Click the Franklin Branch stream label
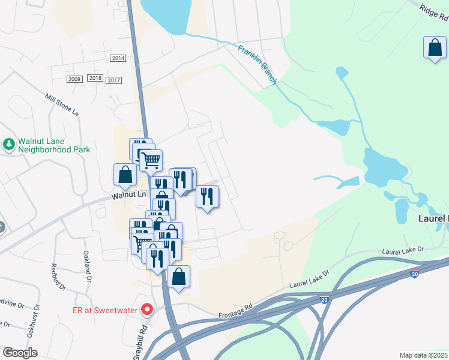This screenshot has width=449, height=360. point(257,64)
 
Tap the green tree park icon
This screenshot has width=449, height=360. point(9,144)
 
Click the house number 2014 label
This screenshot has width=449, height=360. point(118,58)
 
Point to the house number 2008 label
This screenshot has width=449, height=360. point(74,79)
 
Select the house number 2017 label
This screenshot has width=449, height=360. point(113,80)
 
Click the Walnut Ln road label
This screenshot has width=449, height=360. point(128,195)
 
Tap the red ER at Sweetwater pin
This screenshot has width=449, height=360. point(146,310)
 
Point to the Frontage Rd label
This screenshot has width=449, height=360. point(236,313)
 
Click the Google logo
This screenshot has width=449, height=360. point(20,353)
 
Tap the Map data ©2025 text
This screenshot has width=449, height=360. point(423,355)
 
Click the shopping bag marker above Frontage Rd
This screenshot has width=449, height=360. point(178,277)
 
